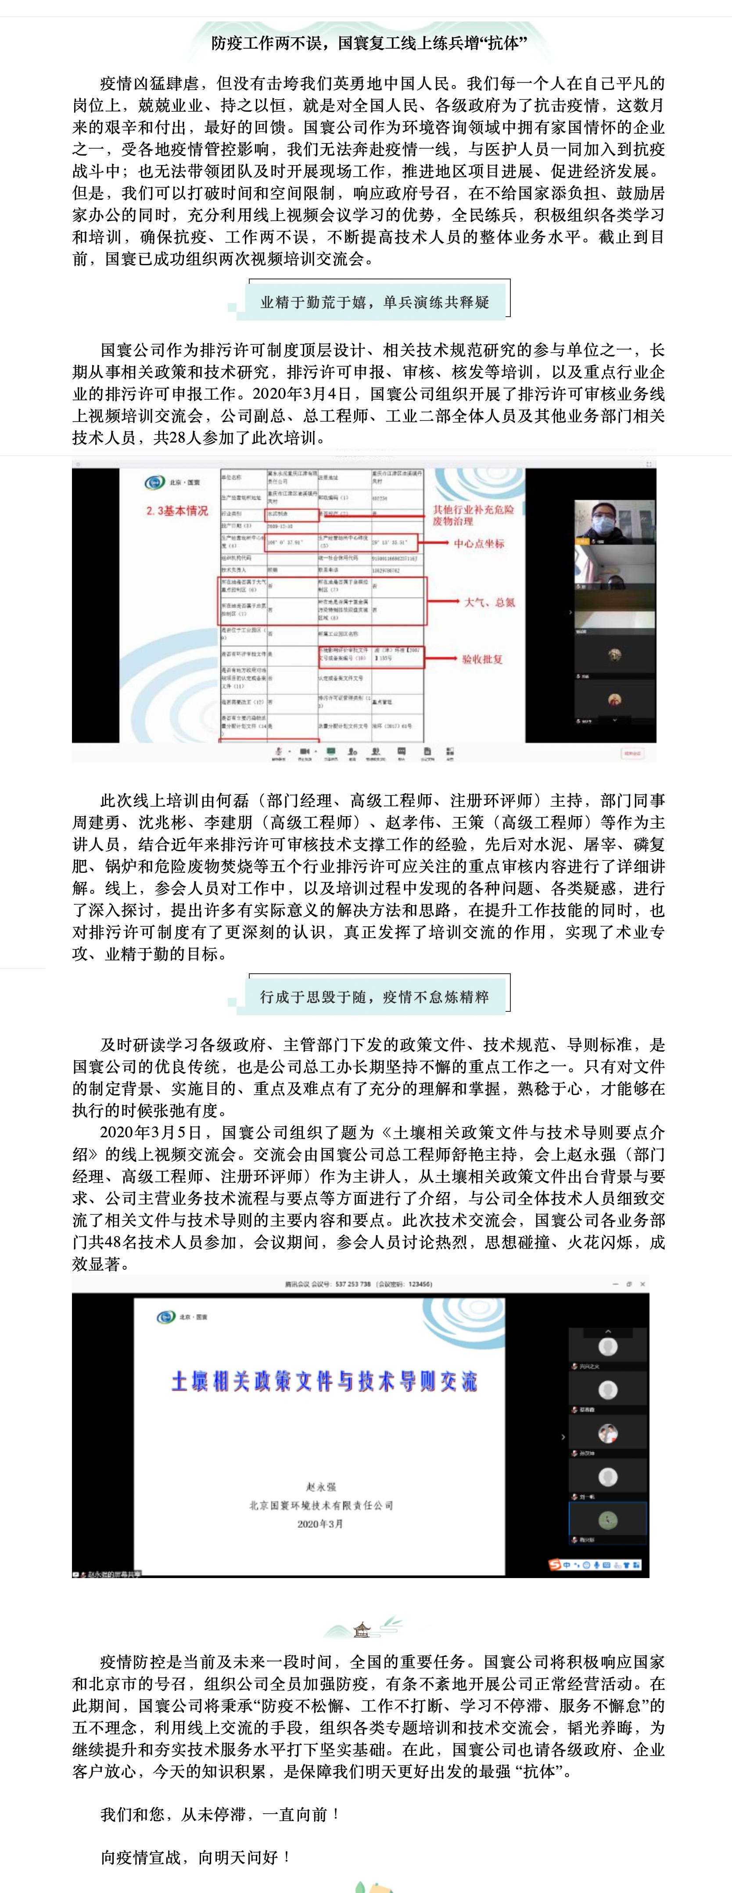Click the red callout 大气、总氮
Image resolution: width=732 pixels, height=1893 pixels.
click(x=489, y=602)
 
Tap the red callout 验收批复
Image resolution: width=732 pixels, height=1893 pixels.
click(x=482, y=659)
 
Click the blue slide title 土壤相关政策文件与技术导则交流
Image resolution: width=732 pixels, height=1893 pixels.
click(x=324, y=1382)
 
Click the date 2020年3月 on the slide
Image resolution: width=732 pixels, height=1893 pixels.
click(x=320, y=1523)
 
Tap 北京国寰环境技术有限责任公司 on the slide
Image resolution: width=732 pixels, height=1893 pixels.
click(x=320, y=1505)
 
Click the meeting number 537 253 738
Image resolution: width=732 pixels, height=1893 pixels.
click(x=353, y=1284)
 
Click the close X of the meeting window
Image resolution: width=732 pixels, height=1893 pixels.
click(x=642, y=1284)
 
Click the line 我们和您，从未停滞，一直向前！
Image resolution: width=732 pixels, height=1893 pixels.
click(x=220, y=1814)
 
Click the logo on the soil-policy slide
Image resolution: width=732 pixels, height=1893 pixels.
click(x=165, y=1316)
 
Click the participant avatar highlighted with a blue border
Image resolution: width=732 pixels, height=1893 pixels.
click(x=608, y=1519)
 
